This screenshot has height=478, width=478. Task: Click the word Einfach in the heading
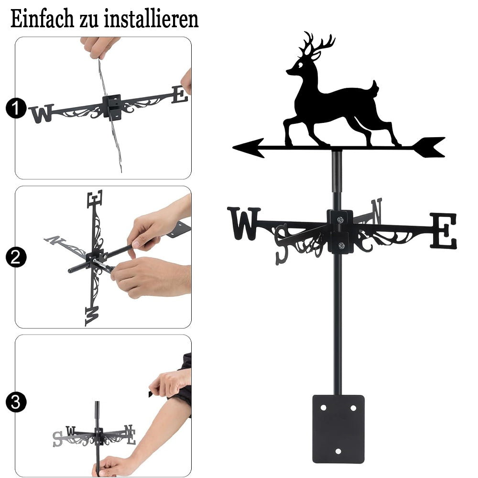(42, 19)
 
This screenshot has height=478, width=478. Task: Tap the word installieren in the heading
(151, 19)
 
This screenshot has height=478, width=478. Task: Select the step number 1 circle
(16, 108)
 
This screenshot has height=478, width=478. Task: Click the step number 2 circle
(16, 257)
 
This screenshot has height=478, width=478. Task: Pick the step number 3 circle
(16, 402)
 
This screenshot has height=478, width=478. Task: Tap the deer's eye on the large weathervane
(301, 65)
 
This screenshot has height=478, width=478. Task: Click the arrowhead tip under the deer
(234, 148)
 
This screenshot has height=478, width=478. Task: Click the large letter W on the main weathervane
(244, 223)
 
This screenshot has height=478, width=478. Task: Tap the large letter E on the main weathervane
(444, 231)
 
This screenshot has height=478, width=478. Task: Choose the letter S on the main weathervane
(281, 244)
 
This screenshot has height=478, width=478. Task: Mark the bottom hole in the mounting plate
(338, 451)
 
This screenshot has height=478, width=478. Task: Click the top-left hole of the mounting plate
(324, 408)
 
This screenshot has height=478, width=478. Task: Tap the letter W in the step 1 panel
(42, 113)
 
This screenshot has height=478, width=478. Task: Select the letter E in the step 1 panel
(180, 95)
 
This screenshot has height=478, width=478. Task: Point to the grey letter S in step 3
(57, 439)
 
